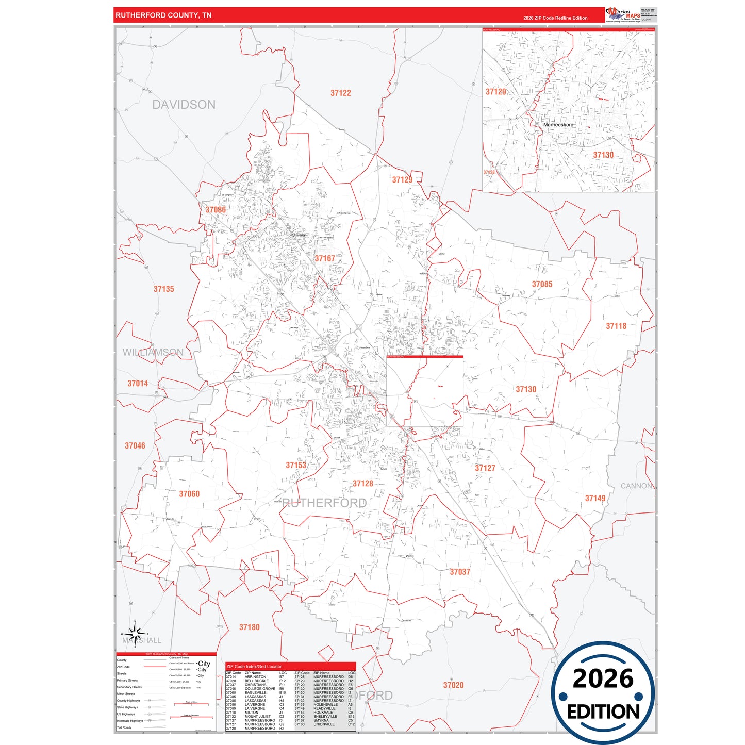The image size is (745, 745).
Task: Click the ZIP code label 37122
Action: (340, 93)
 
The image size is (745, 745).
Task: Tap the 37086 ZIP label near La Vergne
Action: (216, 210)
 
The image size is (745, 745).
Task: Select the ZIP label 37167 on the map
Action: (325, 258)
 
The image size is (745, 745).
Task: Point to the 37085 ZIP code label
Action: (542, 284)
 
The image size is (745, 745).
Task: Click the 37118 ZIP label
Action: (616, 326)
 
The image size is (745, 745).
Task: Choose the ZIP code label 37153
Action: (296, 465)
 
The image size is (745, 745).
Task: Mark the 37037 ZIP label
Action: (460, 572)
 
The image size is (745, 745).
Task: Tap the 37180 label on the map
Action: (250, 627)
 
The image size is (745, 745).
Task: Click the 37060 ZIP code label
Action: (189, 494)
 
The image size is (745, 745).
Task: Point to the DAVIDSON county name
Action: (184, 105)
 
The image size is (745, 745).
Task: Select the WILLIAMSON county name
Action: (153, 352)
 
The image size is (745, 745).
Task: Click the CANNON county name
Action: (636, 486)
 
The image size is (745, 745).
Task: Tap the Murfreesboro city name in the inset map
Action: (558, 125)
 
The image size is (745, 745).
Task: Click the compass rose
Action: (135, 633)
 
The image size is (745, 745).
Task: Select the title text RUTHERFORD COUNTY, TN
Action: (163, 15)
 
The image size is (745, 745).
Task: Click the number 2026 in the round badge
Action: (603, 678)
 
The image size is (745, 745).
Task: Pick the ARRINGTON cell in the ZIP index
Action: (255, 677)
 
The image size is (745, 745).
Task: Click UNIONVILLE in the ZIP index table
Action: (324, 724)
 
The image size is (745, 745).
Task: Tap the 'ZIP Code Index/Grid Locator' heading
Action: (254, 667)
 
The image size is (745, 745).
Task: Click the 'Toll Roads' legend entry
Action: (124, 727)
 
